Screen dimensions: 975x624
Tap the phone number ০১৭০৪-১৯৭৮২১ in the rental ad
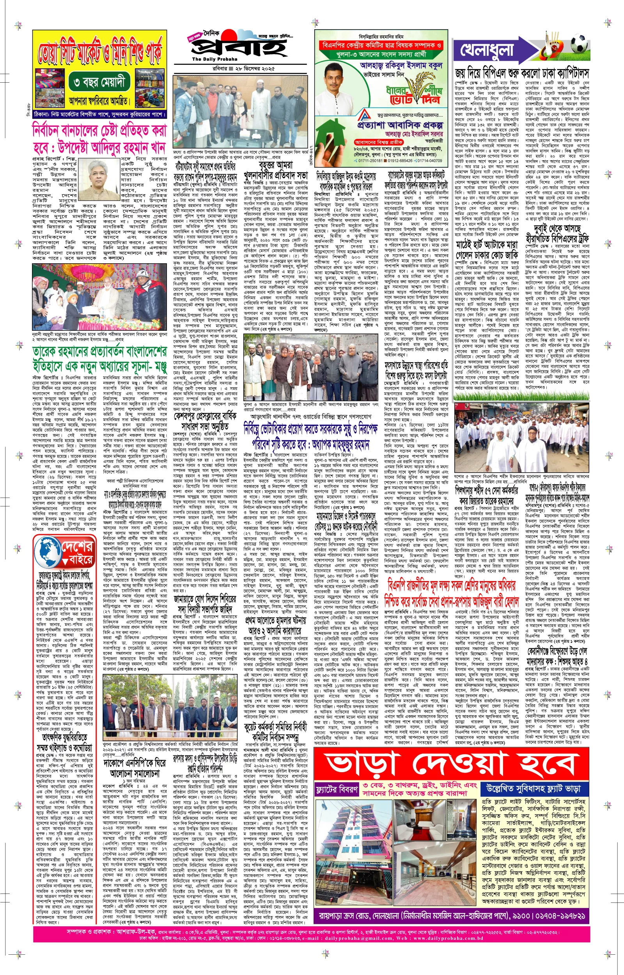545,904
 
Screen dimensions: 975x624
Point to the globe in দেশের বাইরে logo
48,551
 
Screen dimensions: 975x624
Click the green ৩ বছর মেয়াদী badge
99,82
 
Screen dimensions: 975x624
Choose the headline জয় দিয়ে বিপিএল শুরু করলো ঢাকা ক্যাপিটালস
522,73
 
